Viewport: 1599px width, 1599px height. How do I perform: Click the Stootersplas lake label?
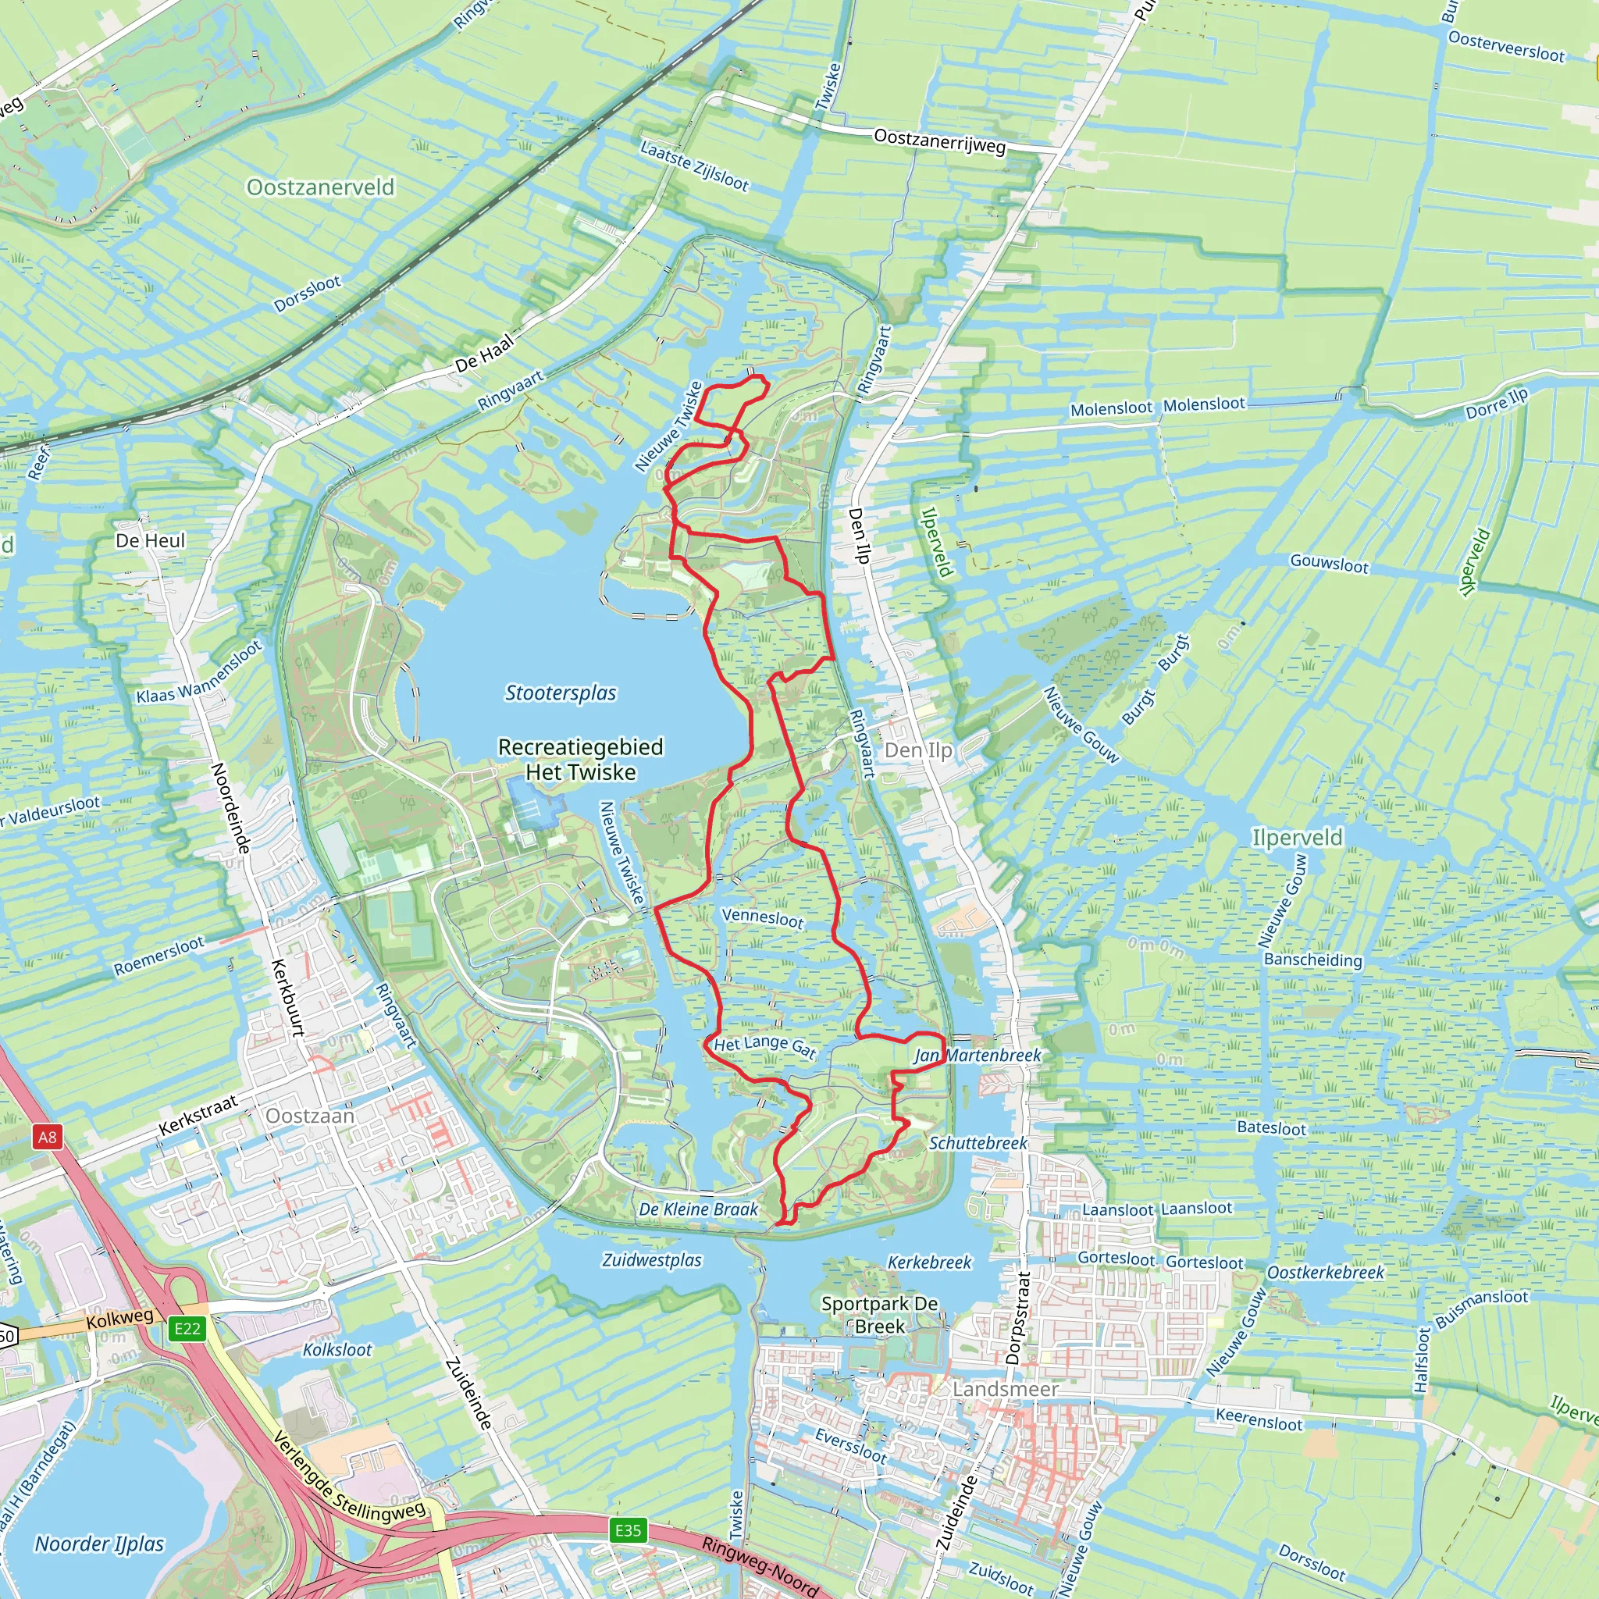(x=561, y=693)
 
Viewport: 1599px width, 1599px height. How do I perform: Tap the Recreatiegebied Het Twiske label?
(x=580, y=759)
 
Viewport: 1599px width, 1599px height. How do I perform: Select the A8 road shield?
(x=47, y=1136)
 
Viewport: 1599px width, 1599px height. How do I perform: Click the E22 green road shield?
(x=187, y=1328)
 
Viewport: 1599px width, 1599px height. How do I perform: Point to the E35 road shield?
(x=628, y=1530)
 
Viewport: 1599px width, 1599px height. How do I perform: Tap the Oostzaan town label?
(x=309, y=1116)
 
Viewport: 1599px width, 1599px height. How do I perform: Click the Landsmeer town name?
(x=1005, y=1389)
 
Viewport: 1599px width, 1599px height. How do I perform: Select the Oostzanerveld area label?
(x=320, y=187)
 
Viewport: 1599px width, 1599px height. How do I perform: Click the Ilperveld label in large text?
(x=1297, y=838)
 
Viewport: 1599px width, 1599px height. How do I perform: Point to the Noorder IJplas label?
(x=99, y=1544)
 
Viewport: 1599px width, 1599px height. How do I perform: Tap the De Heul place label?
(x=150, y=540)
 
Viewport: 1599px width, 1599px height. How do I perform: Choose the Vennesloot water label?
(x=762, y=918)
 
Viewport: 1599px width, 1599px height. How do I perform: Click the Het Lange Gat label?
(x=764, y=1046)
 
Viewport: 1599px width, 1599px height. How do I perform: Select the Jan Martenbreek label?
(x=978, y=1056)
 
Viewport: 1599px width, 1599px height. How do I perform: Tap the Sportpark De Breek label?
(x=879, y=1314)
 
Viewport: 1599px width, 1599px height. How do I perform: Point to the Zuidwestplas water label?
(x=651, y=1259)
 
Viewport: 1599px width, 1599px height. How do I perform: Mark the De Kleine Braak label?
(x=698, y=1209)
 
